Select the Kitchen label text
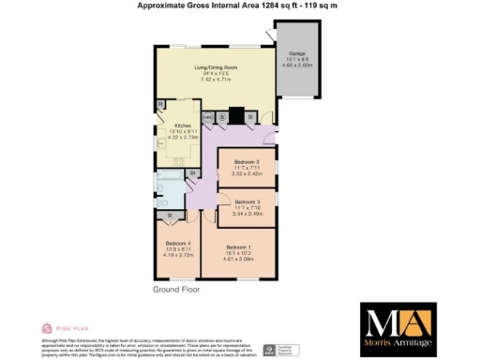click(182, 126)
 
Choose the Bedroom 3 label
click(247, 202)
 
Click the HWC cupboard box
click(206, 117)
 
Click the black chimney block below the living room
click(237, 117)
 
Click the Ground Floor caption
click(178, 291)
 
